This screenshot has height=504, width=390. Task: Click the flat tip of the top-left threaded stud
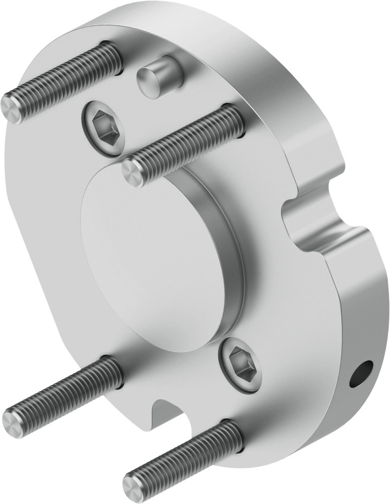tap(11, 108)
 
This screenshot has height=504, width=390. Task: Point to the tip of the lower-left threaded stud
tap(12, 419)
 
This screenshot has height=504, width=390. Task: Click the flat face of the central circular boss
tap(151, 262)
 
